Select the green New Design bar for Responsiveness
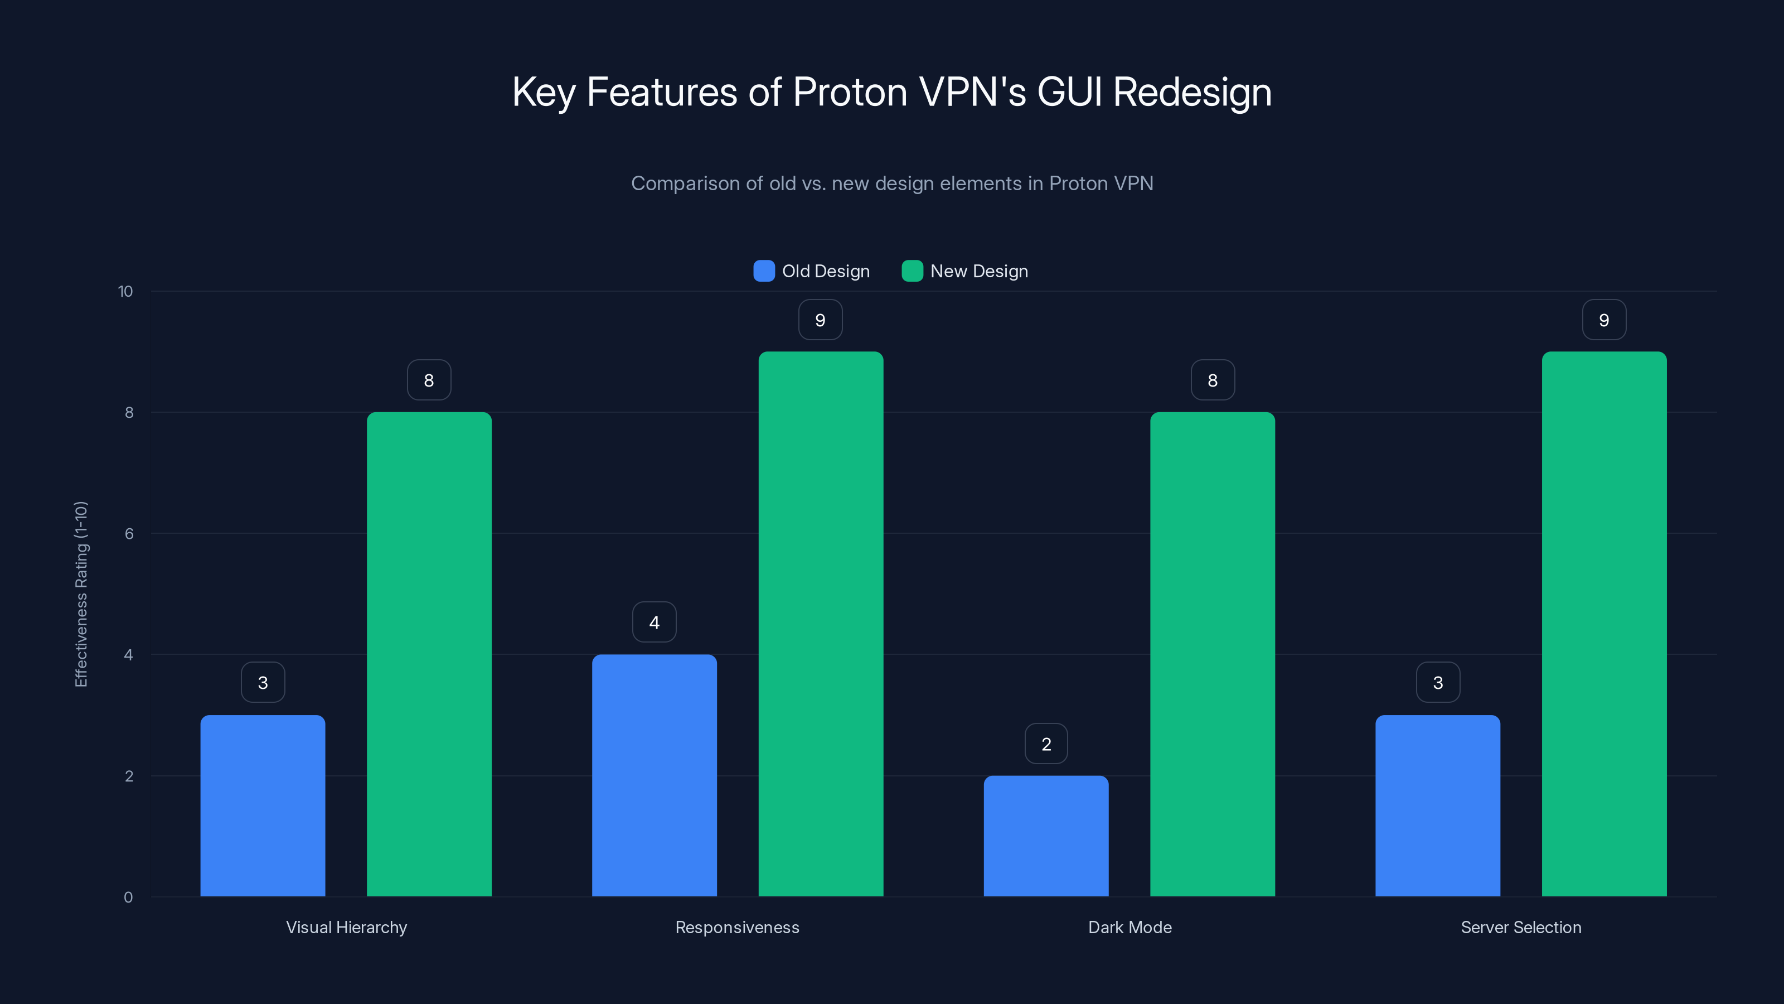[821, 624]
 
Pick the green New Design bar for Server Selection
[1604, 624]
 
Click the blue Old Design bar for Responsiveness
[655, 775]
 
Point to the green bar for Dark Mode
[1212, 654]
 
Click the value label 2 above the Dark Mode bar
[1046, 744]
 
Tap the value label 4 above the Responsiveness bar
[655, 622]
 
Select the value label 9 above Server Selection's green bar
[1604, 320]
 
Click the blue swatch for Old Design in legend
[764, 271]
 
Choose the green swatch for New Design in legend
[912, 271]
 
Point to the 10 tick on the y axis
[125, 291]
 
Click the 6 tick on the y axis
[129, 534]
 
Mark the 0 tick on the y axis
[128, 897]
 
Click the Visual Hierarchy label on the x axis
[346, 927]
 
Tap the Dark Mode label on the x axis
[1129, 927]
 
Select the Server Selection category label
[1521, 927]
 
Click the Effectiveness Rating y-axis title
[81, 594]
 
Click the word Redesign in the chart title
[1192, 92]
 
